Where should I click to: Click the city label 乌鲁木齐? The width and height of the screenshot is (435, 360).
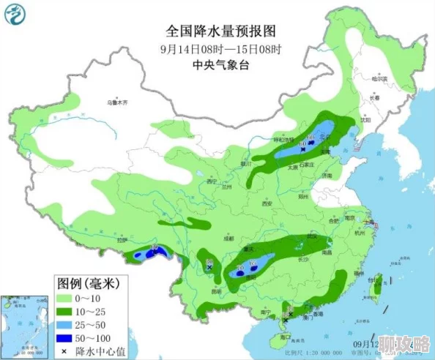click(x=116, y=103)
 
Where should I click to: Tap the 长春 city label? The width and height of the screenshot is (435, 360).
click(x=375, y=97)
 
